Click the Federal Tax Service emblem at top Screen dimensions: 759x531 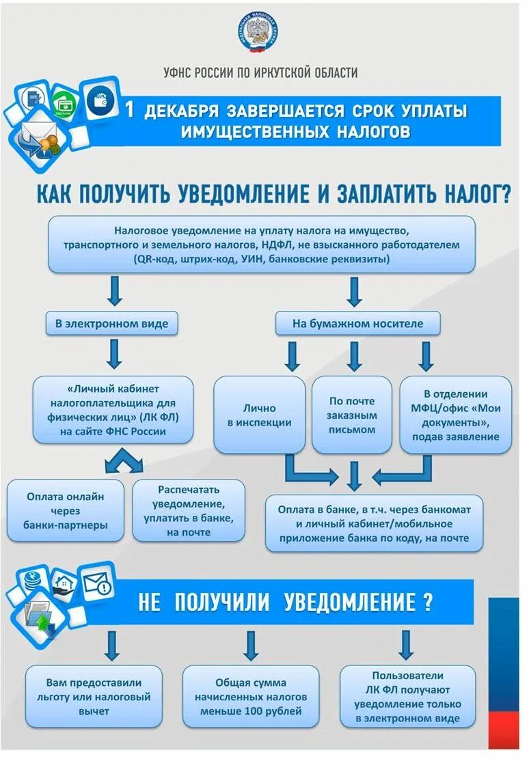[259, 33]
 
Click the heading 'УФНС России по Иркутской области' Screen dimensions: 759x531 [260, 73]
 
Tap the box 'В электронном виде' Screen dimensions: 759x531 [112, 323]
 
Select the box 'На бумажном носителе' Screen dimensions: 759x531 [357, 323]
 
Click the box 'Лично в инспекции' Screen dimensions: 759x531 [259, 415]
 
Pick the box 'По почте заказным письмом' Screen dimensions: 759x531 [352, 415]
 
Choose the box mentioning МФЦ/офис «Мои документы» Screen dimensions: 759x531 [455, 415]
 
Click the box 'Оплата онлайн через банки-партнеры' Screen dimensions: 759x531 [66, 510]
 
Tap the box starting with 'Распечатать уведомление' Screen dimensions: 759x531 [188, 510]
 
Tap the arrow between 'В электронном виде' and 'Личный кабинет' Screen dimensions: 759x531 [115, 353]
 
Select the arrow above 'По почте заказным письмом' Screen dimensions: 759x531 [354, 356]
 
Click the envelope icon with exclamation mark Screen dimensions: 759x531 [96, 583]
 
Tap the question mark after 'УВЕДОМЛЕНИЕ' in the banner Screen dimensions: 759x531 [427, 603]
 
